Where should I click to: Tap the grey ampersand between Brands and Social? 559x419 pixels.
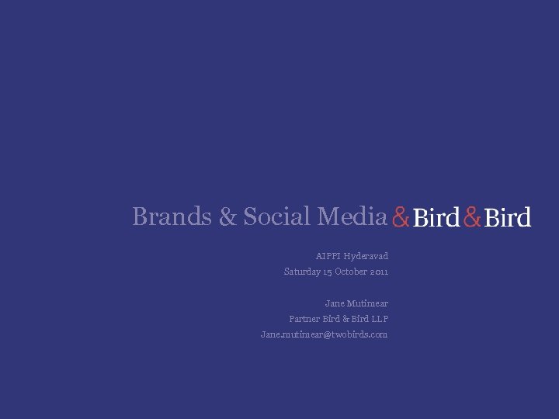coord(228,216)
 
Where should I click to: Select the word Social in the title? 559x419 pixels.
coord(276,216)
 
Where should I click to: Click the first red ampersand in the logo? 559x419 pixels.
coord(401,218)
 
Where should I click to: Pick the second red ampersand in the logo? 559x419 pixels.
coord(472,218)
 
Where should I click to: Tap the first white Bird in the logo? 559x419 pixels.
coord(436,218)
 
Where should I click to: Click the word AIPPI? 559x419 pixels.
coord(328,256)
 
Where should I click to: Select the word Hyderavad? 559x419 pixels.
coord(366,256)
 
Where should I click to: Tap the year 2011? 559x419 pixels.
coord(380,272)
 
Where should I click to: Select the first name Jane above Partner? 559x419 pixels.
coord(335,303)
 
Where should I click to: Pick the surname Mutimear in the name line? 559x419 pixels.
coord(368,303)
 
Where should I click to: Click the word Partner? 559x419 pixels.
coord(304,319)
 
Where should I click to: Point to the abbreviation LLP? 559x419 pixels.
coord(380,319)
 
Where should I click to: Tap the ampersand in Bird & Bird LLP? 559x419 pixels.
coord(346,319)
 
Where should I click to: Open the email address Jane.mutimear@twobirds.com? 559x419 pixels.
coord(324,334)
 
